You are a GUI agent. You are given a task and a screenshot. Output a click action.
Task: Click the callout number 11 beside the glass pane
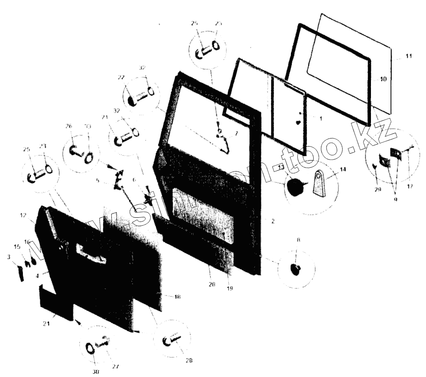[x=408, y=56]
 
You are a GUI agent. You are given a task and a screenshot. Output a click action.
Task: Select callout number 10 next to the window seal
[x=383, y=79]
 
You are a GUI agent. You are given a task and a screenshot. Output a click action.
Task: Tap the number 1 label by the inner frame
[x=320, y=119]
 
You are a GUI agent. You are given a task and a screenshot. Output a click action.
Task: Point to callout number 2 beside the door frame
[x=273, y=221]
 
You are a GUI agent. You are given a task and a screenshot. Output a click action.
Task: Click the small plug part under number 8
[x=295, y=268]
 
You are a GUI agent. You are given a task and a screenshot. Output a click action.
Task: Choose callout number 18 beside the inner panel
[x=177, y=297]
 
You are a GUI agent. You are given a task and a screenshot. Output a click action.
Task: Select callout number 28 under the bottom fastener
[x=188, y=361]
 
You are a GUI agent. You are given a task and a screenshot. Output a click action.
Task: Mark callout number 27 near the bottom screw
[x=115, y=367]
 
